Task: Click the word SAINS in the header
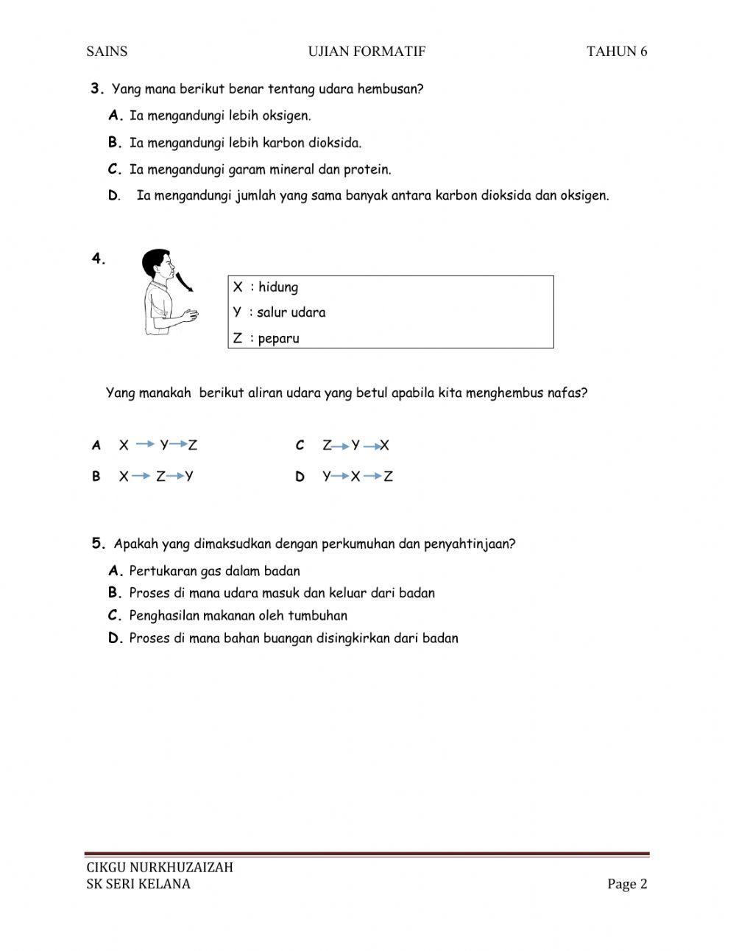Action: tap(107, 52)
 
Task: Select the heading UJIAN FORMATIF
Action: tap(367, 52)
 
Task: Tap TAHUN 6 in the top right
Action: tap(617, 52)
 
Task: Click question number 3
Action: tap(97, 89)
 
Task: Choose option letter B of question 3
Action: tap(114, 143)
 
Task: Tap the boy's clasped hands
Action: tap(191, 316)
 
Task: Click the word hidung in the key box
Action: tap(278, 287)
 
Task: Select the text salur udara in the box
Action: tap(291, 312)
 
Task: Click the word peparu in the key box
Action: tap(279, 339)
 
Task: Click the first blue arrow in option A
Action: tap(145, 445)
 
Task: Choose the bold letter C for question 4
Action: tap(300, 446)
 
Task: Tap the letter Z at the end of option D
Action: tap(388, 477)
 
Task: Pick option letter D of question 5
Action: tap(114, 639)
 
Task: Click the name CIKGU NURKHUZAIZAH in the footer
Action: tap(160, 867)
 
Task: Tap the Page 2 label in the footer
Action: tap(627, 884)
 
